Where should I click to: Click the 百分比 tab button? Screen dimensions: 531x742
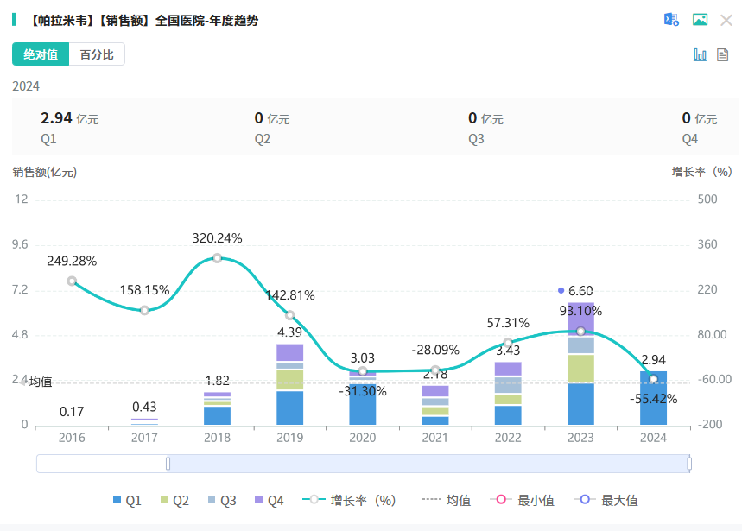point(97,54)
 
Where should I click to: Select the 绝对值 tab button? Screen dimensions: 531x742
point(41,54)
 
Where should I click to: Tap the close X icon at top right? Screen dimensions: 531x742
point(726,20)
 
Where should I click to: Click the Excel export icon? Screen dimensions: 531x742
point(671,20)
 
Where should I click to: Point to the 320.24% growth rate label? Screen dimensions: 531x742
point(217,238)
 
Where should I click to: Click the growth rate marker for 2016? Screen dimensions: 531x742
point(72,281)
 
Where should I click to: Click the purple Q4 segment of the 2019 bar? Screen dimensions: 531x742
point(290,352)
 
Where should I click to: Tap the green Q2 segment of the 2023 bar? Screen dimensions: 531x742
point(580,368)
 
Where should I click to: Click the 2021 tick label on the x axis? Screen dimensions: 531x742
point(435,438)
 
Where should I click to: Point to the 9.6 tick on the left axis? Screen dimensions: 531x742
point(20,244)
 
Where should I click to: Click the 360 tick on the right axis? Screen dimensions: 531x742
point(707,244)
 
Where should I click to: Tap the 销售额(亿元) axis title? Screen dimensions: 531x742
point(45,172)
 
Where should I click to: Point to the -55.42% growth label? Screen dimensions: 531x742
point(653,399)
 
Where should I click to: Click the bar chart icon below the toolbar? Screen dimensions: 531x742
point(700,54)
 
